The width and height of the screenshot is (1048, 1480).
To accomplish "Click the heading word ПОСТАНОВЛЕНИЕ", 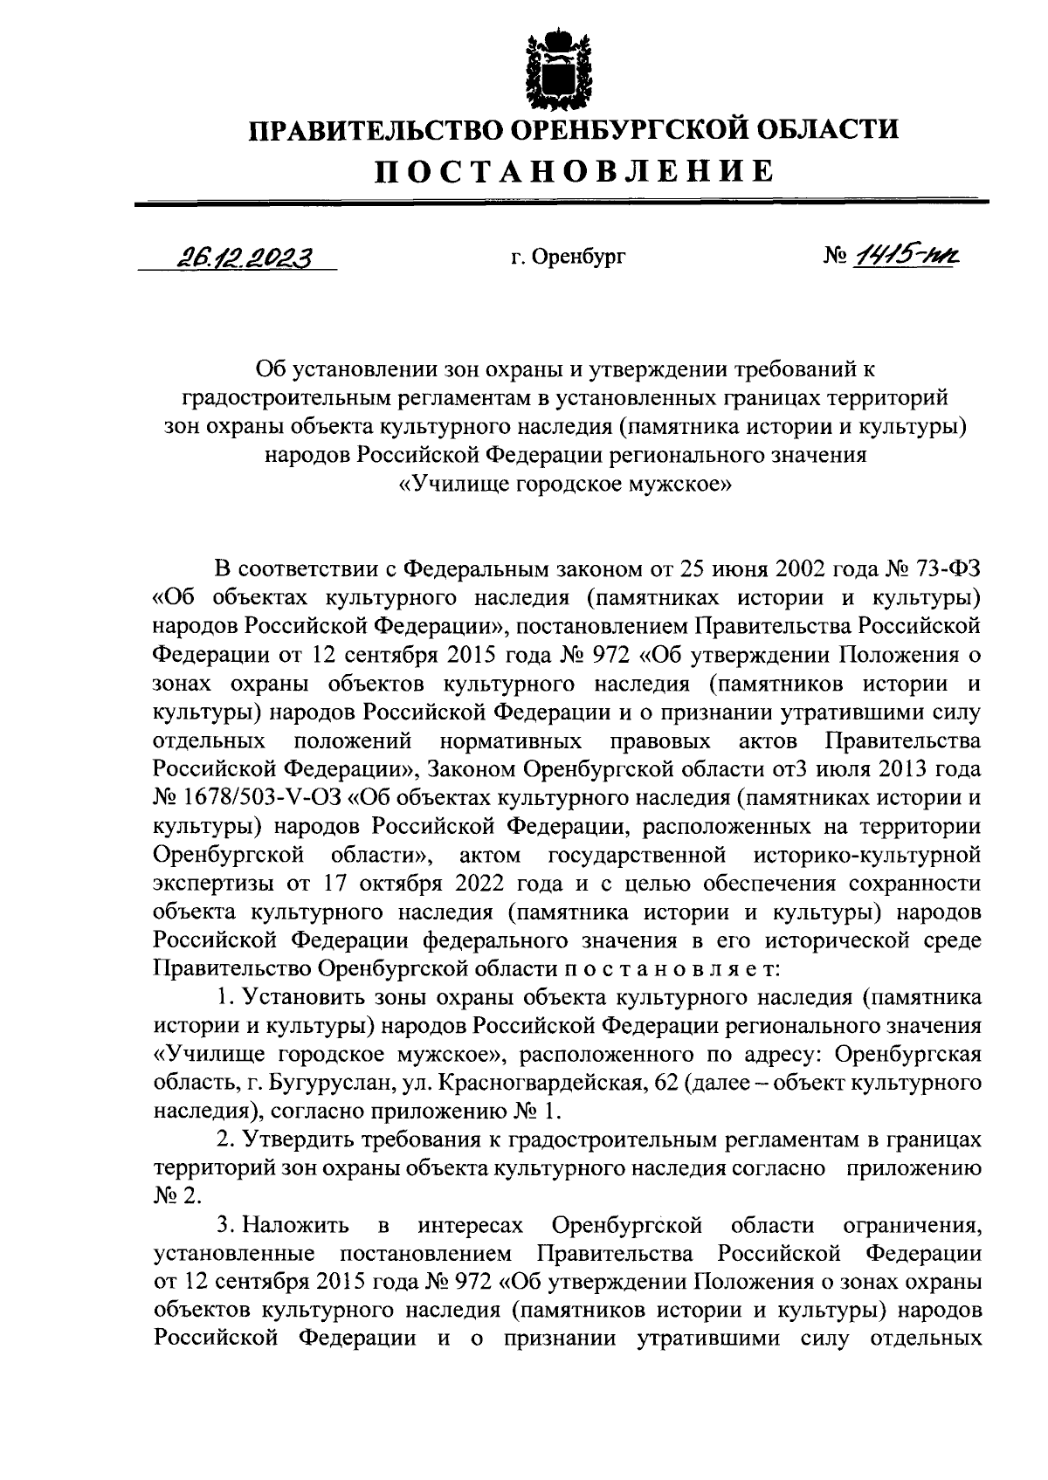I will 574,170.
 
